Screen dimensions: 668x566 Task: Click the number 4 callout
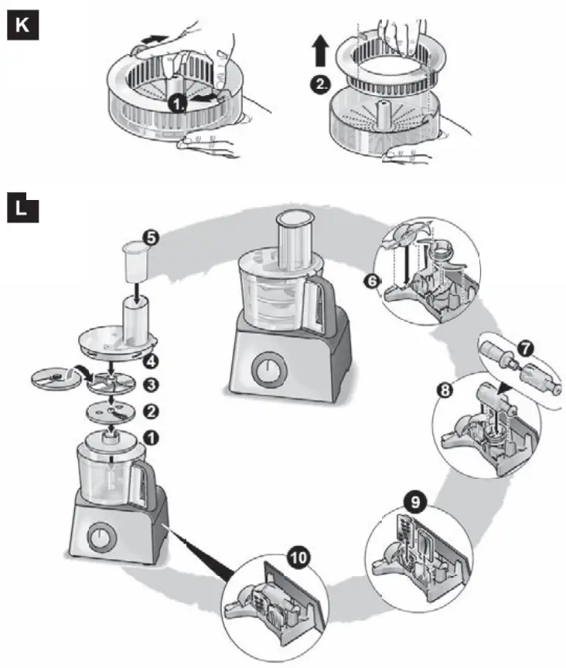click(152, 359)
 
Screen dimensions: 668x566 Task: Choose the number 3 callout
click(152, 384)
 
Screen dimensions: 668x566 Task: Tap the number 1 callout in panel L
click(152, 437)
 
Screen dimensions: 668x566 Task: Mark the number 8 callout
click(444, 391)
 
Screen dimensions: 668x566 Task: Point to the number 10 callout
click(296, 556)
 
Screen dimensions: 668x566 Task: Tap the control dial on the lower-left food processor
click(100, 537)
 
